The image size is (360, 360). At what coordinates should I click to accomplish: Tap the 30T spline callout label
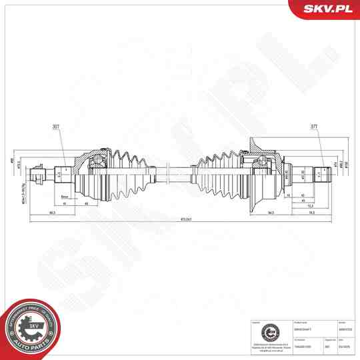(x=55, y=127)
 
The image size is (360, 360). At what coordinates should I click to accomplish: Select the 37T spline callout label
(x=314, y=127)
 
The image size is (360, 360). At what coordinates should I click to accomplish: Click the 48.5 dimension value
(x=52, y=213)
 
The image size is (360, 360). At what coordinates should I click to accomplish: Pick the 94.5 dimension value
(x=271, y=213)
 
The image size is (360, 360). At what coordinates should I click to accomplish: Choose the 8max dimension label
(x=65, y=197)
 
